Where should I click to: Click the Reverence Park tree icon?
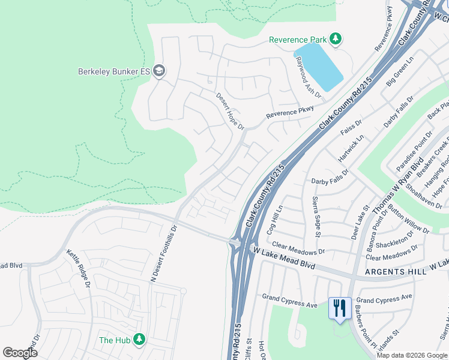336,40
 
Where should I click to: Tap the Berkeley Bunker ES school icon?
159,71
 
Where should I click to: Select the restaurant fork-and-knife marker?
340,308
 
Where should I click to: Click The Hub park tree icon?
139,340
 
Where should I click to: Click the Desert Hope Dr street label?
230,111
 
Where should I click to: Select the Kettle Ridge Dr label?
79,268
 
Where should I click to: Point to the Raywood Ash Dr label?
308,78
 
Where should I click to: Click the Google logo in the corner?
20,352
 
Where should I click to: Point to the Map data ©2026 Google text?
411,355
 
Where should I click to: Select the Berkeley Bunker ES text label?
113,71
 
